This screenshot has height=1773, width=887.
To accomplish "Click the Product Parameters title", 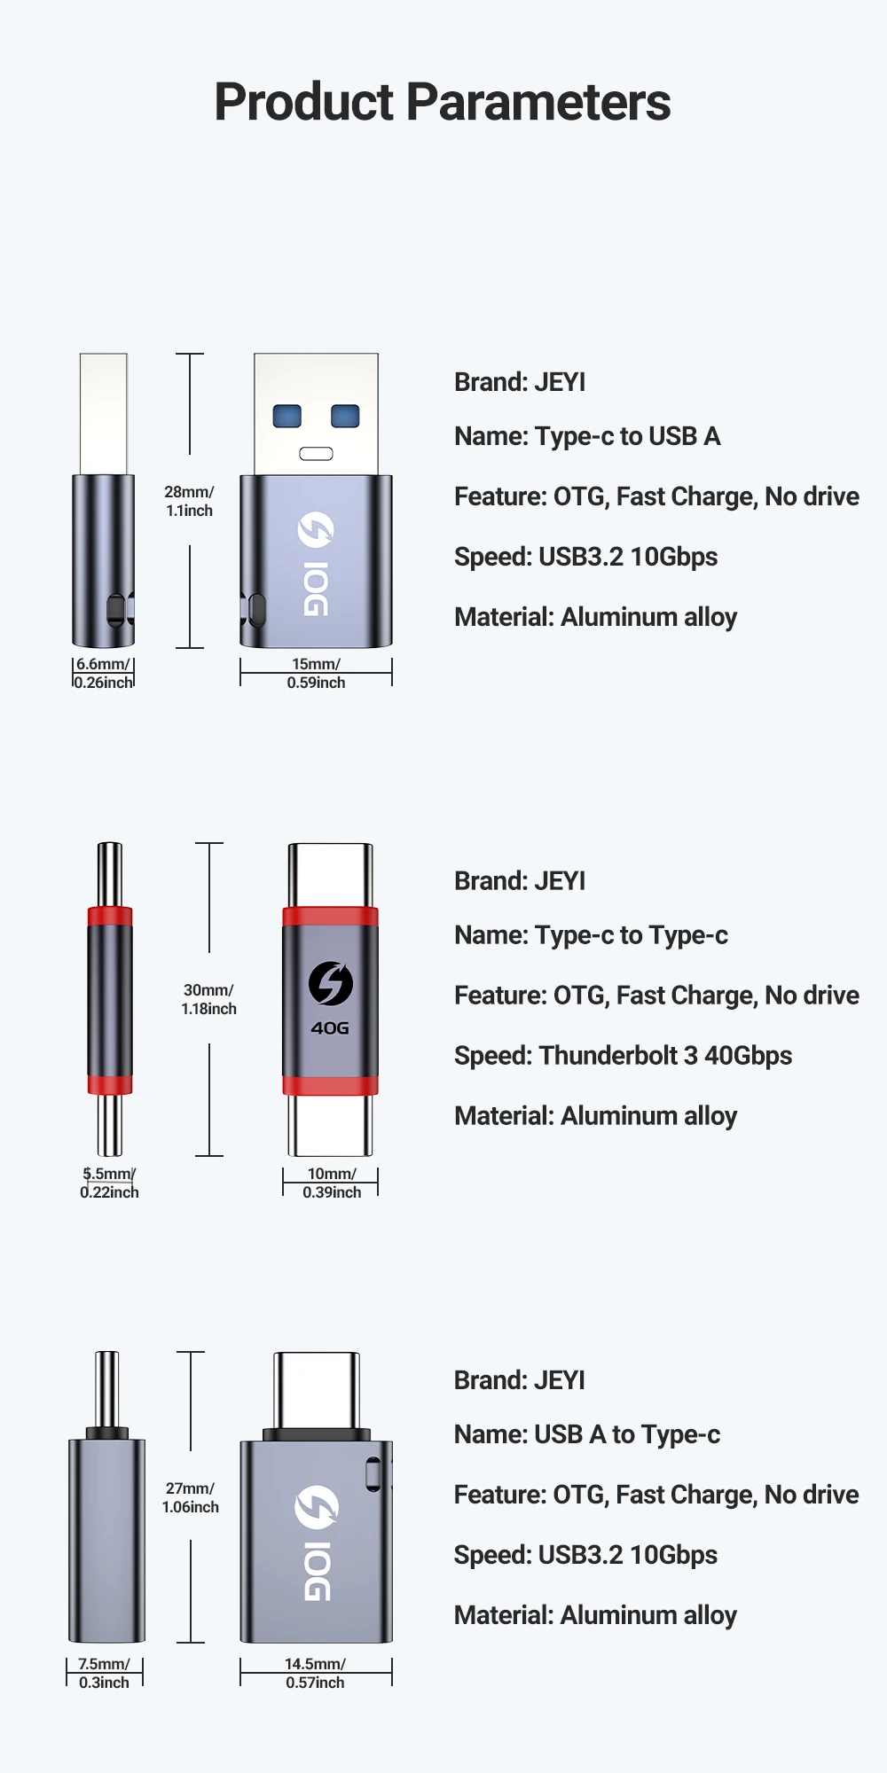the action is [443, 102].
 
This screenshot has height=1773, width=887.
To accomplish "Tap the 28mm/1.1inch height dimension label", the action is [189, 501].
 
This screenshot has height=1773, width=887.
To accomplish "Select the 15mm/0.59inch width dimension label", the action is [316, 674].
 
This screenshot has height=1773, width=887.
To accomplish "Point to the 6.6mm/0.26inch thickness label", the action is [103, 674].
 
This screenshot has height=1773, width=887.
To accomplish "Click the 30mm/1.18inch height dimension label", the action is [208, 999].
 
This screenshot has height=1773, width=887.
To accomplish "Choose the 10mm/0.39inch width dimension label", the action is [332, 1183].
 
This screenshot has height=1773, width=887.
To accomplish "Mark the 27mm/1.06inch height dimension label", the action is [190, 1497].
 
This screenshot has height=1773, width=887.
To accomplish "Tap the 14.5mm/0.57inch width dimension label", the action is [315, 1673].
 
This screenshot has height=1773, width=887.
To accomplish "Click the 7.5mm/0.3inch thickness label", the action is [104, 1673].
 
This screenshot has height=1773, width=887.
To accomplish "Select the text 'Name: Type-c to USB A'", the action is [587, 436].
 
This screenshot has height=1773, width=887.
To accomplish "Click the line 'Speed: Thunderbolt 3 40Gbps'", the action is [623, 1056].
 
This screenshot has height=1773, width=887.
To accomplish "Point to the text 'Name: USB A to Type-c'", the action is [586, 1434].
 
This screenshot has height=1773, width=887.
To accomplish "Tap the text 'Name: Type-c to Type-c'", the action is [591, 935].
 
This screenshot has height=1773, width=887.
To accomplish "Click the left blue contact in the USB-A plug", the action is [287, 416].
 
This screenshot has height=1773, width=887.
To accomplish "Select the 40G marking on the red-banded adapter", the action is [330, 1028].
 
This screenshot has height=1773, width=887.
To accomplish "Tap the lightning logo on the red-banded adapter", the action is [330, 983].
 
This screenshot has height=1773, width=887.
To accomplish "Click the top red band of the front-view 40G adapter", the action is [330, 917].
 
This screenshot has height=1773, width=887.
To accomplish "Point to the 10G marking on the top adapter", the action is [316, 589].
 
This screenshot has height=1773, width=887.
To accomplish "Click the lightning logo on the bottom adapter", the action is [317, 1507].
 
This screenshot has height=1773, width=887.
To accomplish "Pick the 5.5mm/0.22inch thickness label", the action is [109, 1183].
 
